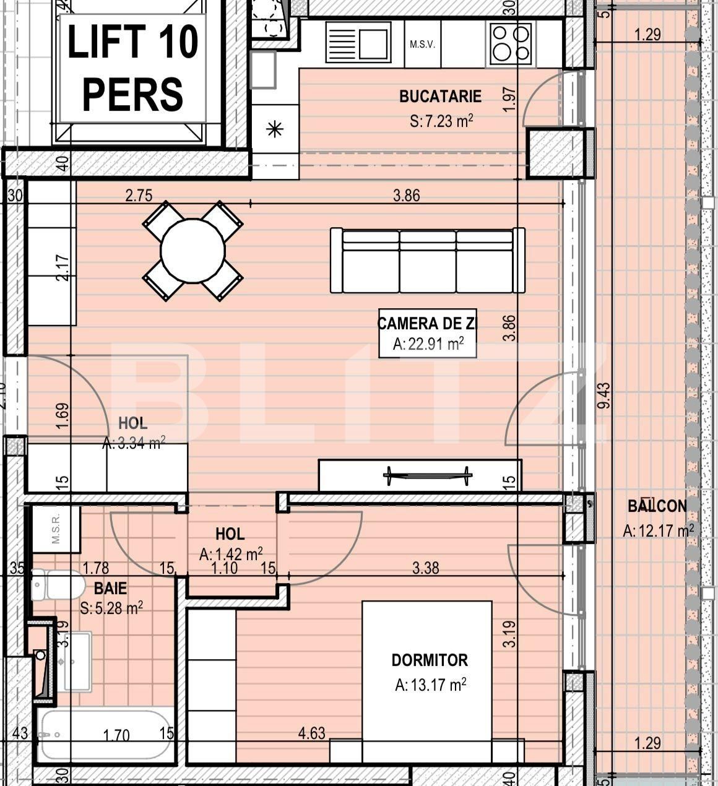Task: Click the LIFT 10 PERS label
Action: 132,68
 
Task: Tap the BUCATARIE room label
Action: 440,97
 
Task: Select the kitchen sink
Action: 357,43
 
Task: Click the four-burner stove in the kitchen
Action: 511,43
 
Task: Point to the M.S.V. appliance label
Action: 422,45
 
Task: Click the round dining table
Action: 192,251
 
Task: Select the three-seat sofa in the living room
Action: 427,260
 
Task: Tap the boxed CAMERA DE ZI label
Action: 427,323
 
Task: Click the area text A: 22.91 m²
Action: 428,344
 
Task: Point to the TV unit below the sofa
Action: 420,475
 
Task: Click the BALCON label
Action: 657,506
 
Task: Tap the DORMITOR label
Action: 430,660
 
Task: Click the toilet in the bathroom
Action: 57,585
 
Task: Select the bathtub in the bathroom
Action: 105,735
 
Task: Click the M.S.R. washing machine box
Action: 56,530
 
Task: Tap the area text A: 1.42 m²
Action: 231,555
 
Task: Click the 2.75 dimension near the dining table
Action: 139,196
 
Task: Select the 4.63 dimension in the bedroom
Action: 311,733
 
